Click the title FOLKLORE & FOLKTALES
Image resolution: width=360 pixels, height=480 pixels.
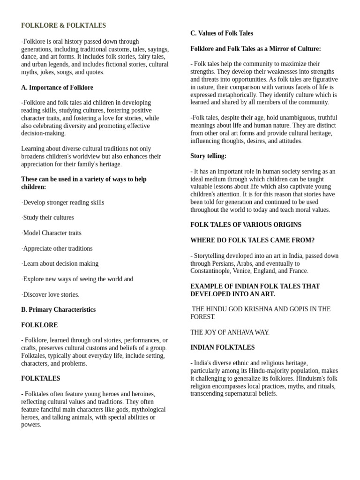[x=63, y=26]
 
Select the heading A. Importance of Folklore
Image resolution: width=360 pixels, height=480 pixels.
[x=57, y=88]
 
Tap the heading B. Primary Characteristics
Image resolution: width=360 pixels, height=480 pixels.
[x=58, y=310]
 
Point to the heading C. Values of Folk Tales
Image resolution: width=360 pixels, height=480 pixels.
[x=222, y=33]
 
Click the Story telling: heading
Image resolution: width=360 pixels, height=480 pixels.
[x=208, y=156]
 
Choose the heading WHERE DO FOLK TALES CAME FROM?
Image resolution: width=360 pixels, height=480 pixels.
[x=252, y=240]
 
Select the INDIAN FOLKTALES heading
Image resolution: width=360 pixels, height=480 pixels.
[x=223, y=348]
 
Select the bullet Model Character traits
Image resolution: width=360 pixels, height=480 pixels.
[x=52, y=233]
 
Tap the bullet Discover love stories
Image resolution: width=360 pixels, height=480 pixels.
[x=51, y=295]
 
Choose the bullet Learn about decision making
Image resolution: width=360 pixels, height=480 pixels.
[x=60, y=264]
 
